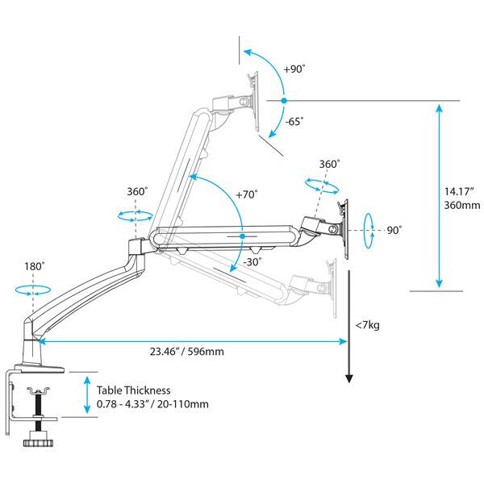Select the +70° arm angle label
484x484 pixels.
(246, 195)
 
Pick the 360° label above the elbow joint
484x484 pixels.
(137, 192)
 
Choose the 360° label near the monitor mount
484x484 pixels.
(329, 164)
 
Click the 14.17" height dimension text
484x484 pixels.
(463, 192)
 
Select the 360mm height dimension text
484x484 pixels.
(462, 206)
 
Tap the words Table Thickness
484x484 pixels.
(132, 389)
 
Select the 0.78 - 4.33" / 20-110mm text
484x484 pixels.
(152, 403)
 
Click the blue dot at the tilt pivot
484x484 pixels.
(283, 101)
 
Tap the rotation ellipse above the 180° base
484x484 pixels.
(33, 290)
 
